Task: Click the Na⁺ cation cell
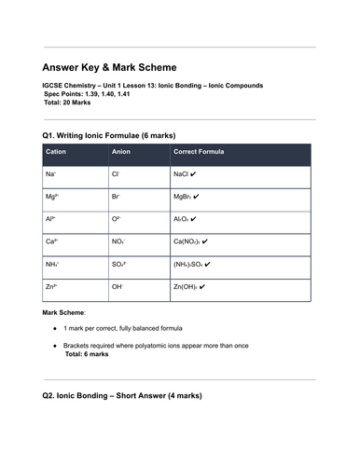pos(50,174)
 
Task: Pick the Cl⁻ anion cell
pos(116,174)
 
